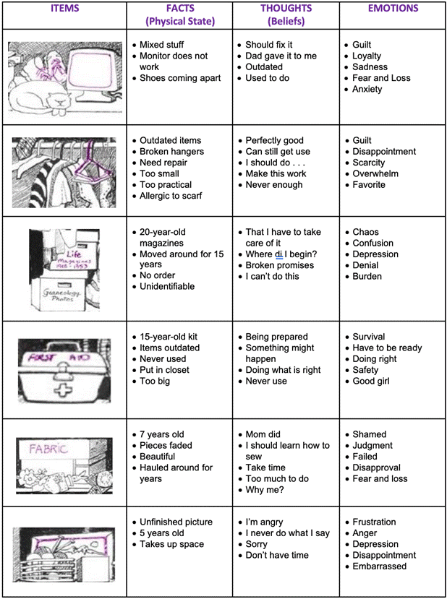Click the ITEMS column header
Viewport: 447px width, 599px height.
pyautogui.click(x=64, y=9)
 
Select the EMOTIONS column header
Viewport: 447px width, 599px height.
pyautogui.click(x=393, y=9)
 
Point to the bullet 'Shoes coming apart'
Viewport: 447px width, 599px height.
pyautogui.click(x=180, y=78)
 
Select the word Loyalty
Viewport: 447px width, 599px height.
pyautogui.click(x=367, y=56)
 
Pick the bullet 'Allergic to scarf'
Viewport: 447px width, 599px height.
pyautogui.click(x=171, y=196)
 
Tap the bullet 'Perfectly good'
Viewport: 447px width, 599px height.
pyautogui.click(x=274, y=140)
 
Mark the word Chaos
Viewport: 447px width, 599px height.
pyautogui.click(x=365, y=232)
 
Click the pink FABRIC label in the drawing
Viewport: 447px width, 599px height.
pyautogui.click(x=48, y=448)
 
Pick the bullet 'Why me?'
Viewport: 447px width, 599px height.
pyautogui.click(x=265, y=489)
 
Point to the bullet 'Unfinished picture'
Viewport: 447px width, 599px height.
pyautogui.click(x=176, y=522)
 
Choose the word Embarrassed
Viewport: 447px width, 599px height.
pyautogui.click(x=379, y=566)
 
